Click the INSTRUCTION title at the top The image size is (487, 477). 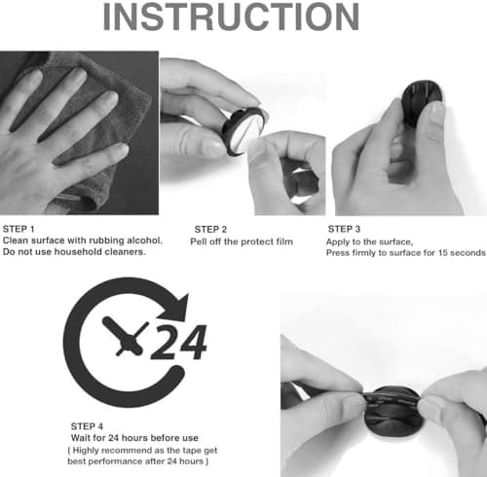(231, 17)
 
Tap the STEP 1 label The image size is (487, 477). (19, 229)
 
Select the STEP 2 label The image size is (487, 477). (210, 230)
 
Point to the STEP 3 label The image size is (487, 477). (344, 229)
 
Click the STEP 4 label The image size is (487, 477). (87, 426)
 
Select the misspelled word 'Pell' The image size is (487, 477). (198, 241)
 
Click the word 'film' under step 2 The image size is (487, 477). (284, 241)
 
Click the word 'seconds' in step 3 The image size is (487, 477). (468, 253)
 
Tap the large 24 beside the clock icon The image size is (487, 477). (178, 342)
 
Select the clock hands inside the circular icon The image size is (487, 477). (125, 337)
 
